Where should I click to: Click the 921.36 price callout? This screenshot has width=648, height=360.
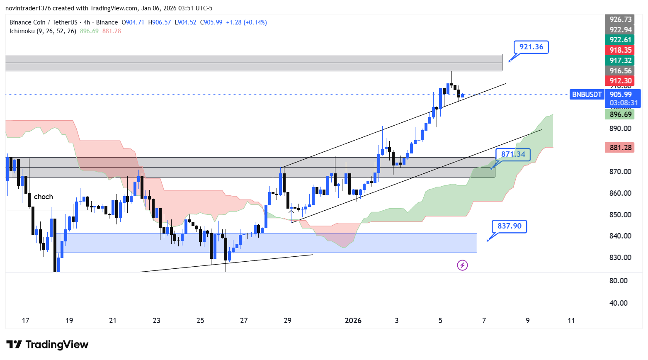coord(531,47)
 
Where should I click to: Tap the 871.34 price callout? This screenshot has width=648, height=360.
coord(513,154)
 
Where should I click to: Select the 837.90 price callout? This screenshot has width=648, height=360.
coord(509,226)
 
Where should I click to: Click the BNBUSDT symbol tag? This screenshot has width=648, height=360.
coord(587,95)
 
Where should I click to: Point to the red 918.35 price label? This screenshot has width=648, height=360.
coord(620,50)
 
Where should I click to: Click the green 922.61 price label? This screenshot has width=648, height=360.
coord(620,40)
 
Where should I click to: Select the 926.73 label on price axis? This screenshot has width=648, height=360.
coord(620,19)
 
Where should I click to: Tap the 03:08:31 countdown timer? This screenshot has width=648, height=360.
coord(624,103)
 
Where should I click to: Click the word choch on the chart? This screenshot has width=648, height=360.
coord(44,197)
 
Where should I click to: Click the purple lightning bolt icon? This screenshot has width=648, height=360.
coord(462,265)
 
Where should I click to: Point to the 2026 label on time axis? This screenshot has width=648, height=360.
coord(353,321)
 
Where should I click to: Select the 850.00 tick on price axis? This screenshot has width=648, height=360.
coord(620,215)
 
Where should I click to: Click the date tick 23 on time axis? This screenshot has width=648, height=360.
coord(156,321)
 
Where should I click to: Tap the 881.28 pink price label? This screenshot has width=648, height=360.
coord(620,148)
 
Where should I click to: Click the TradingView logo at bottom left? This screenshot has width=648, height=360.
coord(47,345)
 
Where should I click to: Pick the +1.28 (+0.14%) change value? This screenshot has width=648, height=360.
coord(246,22)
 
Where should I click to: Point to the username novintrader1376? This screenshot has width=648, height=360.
coord(28,8)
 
